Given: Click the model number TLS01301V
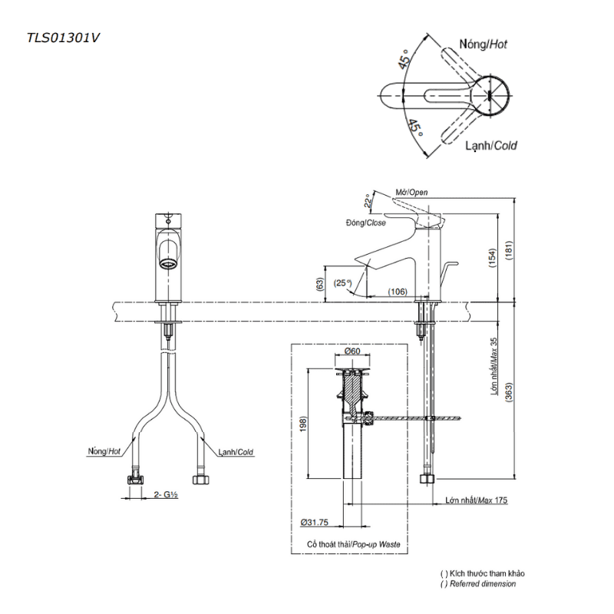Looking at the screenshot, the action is (x=63, y=38).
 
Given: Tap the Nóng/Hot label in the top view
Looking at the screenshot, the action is (x=484, y=45).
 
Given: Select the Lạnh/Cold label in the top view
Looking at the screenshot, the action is (x=491, y=146).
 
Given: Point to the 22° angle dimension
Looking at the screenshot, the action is (x=368, y=200).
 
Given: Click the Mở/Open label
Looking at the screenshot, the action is (x=411, y=193).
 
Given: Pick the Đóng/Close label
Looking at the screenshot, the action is (x=366, y=223).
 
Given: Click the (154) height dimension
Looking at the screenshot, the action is (x=492, y=258).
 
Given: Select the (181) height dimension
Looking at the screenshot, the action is (x=508, y=250).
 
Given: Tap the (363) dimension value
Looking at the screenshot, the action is (x=508, y=392).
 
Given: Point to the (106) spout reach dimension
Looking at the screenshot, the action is (x=398, y=292).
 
